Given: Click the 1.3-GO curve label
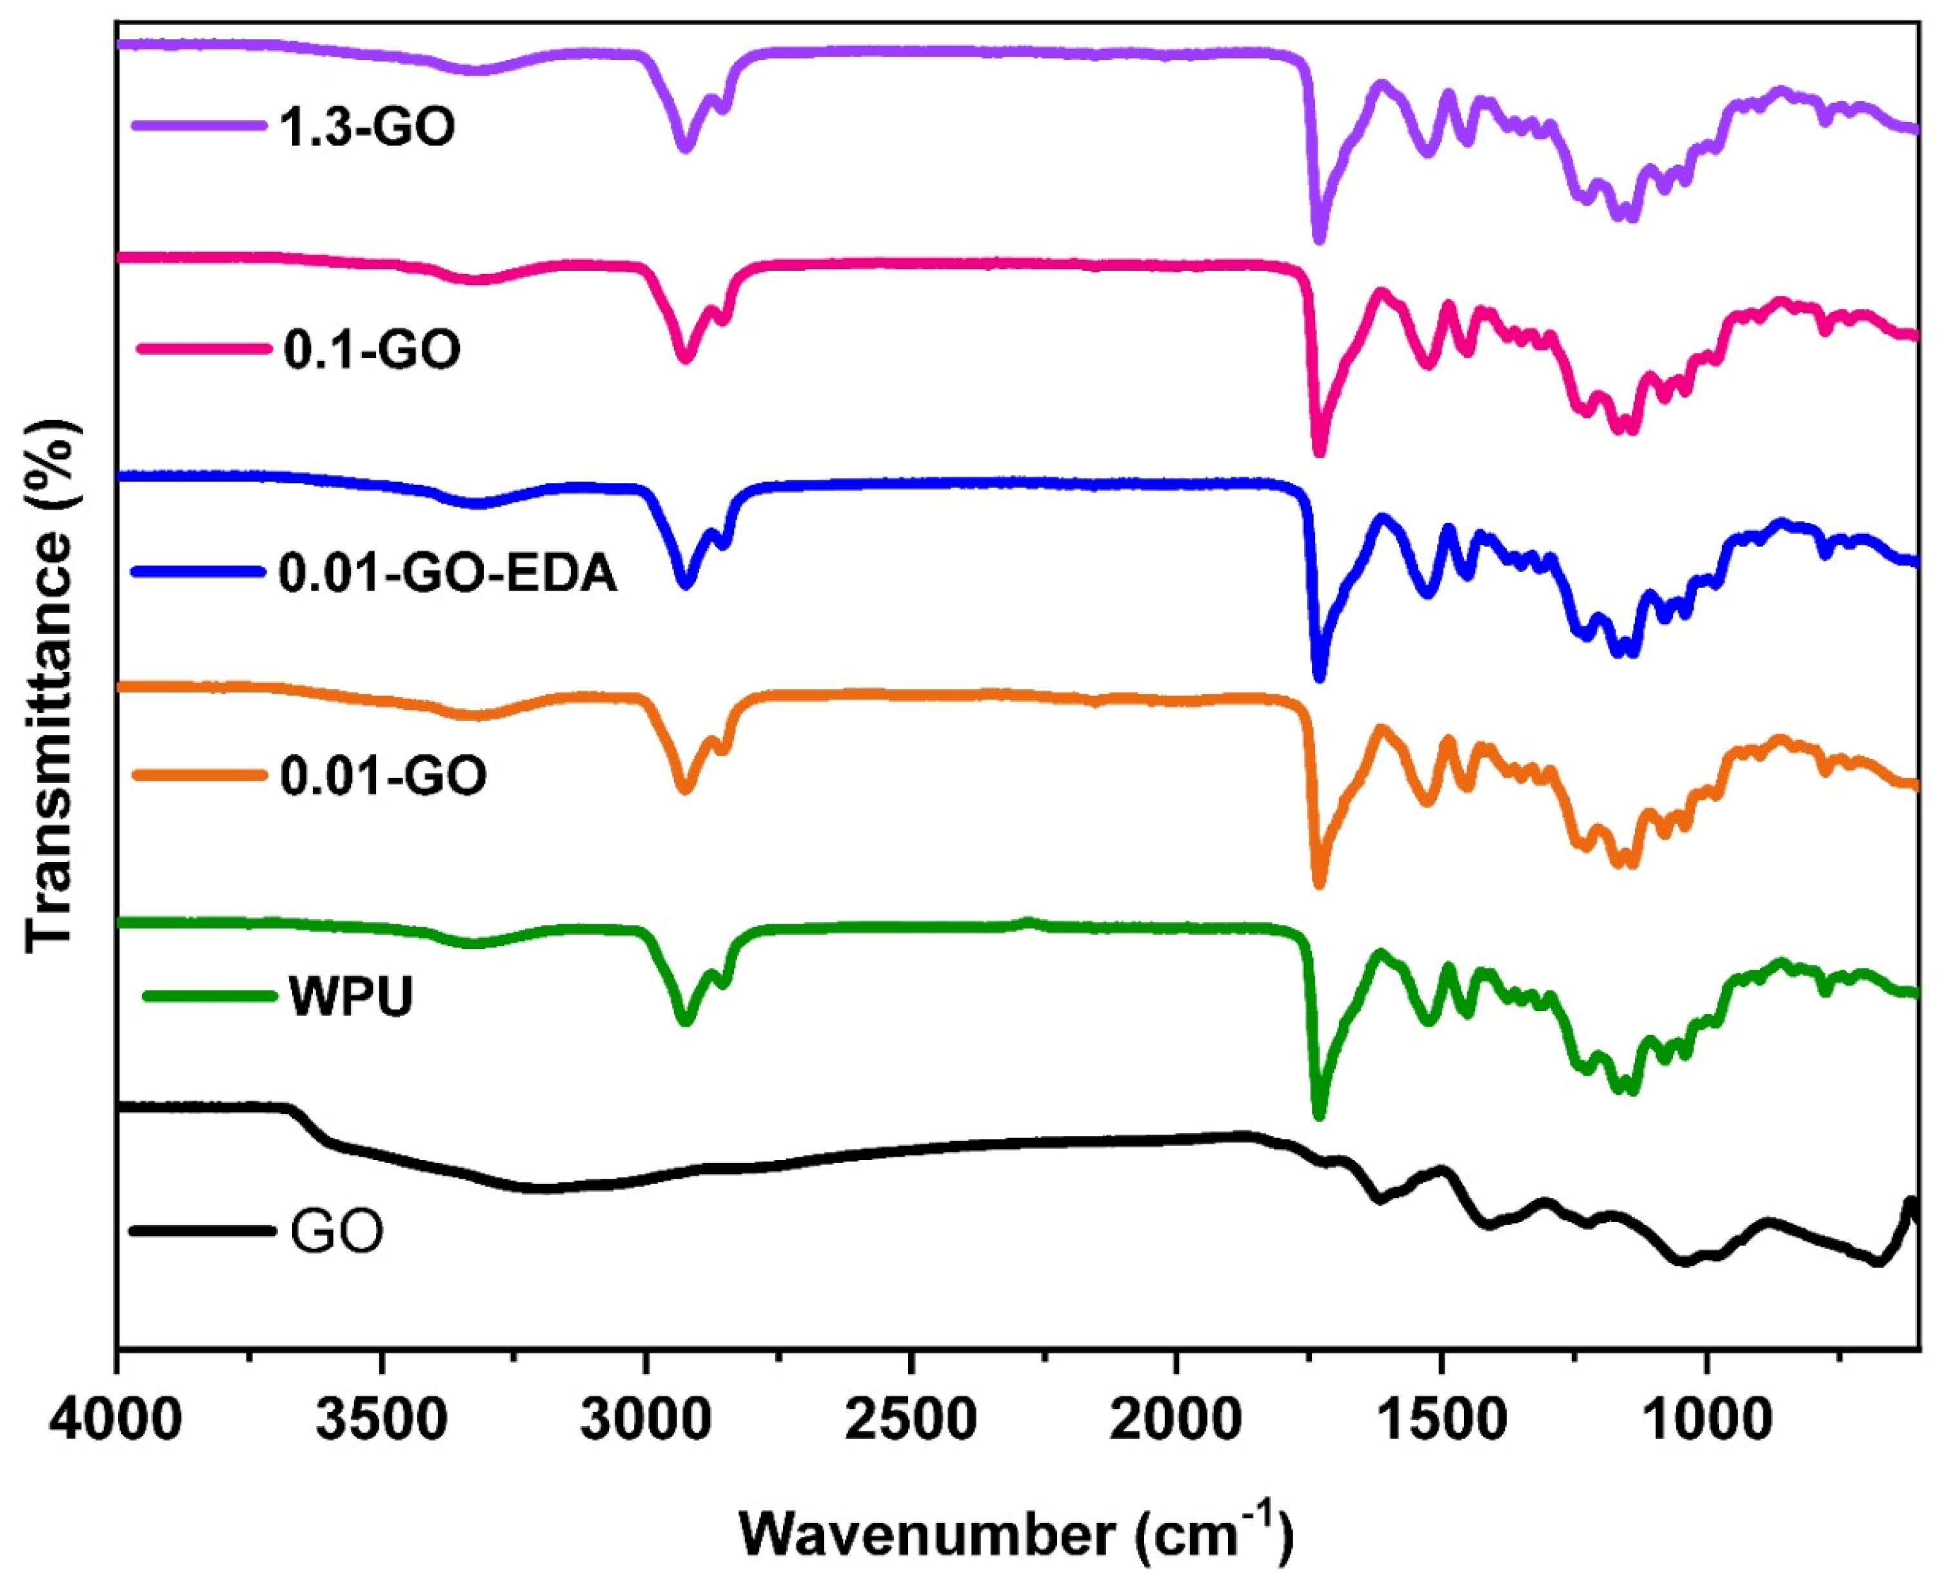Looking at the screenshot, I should pyautogui.click(x=366, y=127).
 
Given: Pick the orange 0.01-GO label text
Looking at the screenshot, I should pyautogui.click(x=383, y=776).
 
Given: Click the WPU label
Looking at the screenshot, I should pyautogui.click(x=352, y=997).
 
